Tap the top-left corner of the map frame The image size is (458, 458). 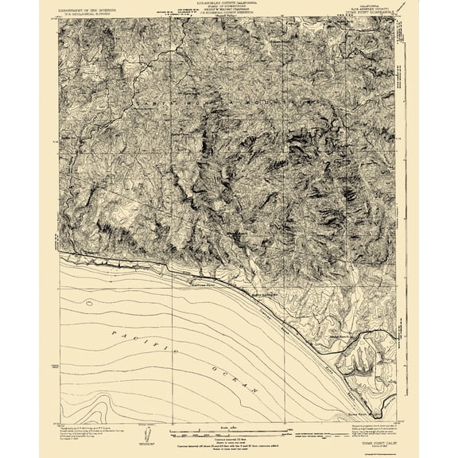(60, 18)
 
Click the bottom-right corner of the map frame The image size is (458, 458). (395, 421)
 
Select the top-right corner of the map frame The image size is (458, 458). (395, 18)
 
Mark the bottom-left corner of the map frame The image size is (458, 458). (60, 421)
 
